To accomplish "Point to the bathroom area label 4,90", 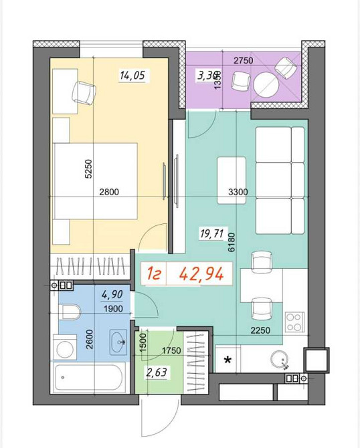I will (112, 294).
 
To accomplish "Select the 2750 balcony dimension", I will (244, 62).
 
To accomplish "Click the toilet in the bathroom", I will (70, 311).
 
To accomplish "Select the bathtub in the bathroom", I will (88, 380).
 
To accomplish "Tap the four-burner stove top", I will (295, 322).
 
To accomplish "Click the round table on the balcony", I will (266, 84).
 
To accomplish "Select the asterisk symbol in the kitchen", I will (228, 361).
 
